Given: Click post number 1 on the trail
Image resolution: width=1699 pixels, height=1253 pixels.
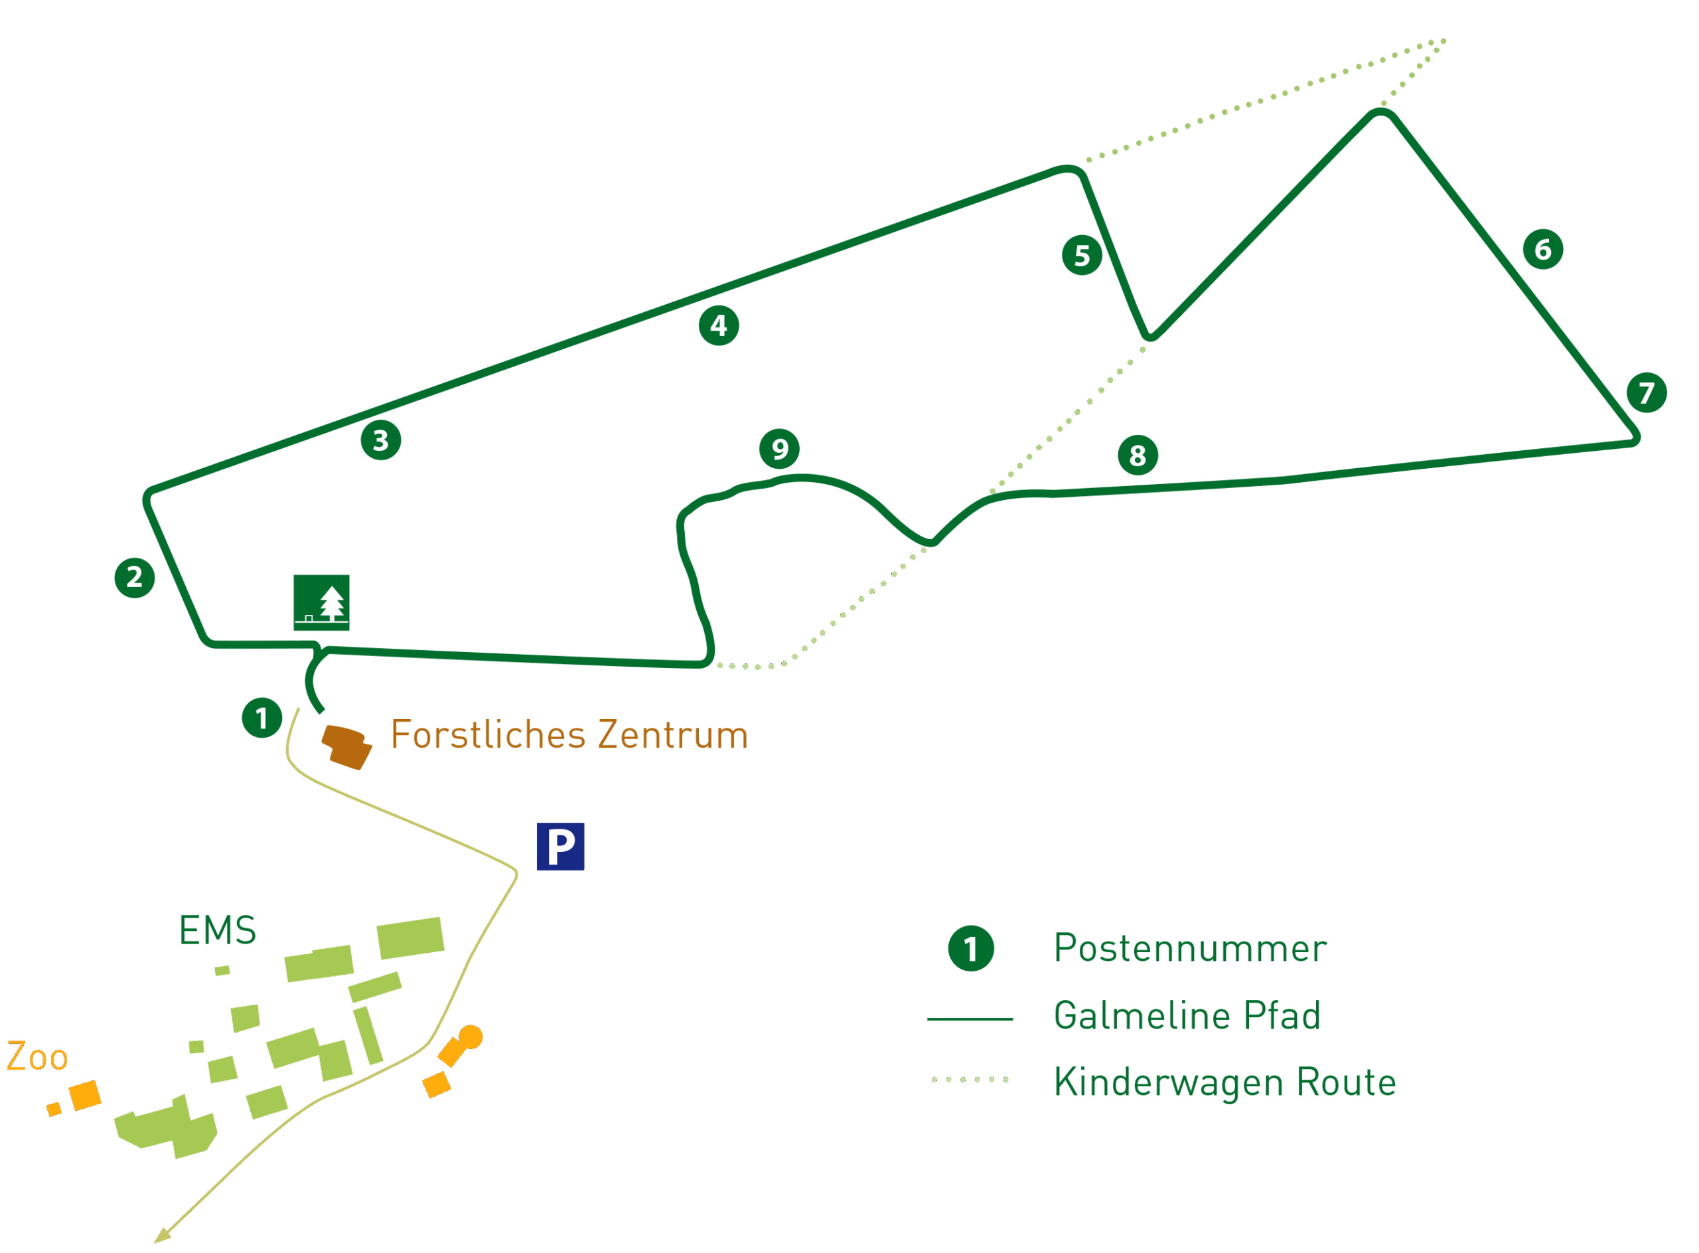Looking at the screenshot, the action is pos(261,718).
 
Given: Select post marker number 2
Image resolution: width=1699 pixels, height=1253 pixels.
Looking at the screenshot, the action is pos(134,577).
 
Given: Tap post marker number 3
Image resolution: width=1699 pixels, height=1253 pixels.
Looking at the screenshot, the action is pos(380,440).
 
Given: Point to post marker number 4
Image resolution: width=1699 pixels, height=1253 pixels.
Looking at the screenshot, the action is pos(718,325).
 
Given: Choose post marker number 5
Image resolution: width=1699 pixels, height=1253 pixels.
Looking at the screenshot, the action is pos(1081,255).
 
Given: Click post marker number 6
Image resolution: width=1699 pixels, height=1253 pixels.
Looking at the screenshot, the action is pos(1542,249).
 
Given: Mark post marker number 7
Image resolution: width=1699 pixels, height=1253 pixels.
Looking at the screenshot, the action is pos(1646,392).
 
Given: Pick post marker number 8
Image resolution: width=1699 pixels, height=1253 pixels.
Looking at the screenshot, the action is pos(1138,455).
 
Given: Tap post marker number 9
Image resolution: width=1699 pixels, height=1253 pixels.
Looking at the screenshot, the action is pos(778,449).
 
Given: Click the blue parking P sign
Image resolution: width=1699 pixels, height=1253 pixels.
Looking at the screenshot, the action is pos(560,847).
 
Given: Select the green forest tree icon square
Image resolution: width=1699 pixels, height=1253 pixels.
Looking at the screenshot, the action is pos(321,602).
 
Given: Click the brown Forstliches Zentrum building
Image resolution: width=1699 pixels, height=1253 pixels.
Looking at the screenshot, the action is pos(346,747).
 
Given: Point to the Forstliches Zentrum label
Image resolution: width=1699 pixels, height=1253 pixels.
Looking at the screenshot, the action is pos(569,735).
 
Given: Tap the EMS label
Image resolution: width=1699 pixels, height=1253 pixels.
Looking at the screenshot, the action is pos(218,930).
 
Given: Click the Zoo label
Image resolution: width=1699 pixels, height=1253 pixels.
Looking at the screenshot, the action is pos(37,1056).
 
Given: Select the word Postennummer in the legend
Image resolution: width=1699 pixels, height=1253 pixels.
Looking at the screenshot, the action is pos(1189,948).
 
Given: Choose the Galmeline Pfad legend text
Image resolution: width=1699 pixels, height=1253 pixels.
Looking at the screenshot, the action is pos(1187,1015).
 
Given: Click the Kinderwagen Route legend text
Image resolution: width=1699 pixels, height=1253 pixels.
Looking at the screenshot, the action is pos(1224,1082).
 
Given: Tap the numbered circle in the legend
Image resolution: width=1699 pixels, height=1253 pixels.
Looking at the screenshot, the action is pos(970,948).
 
